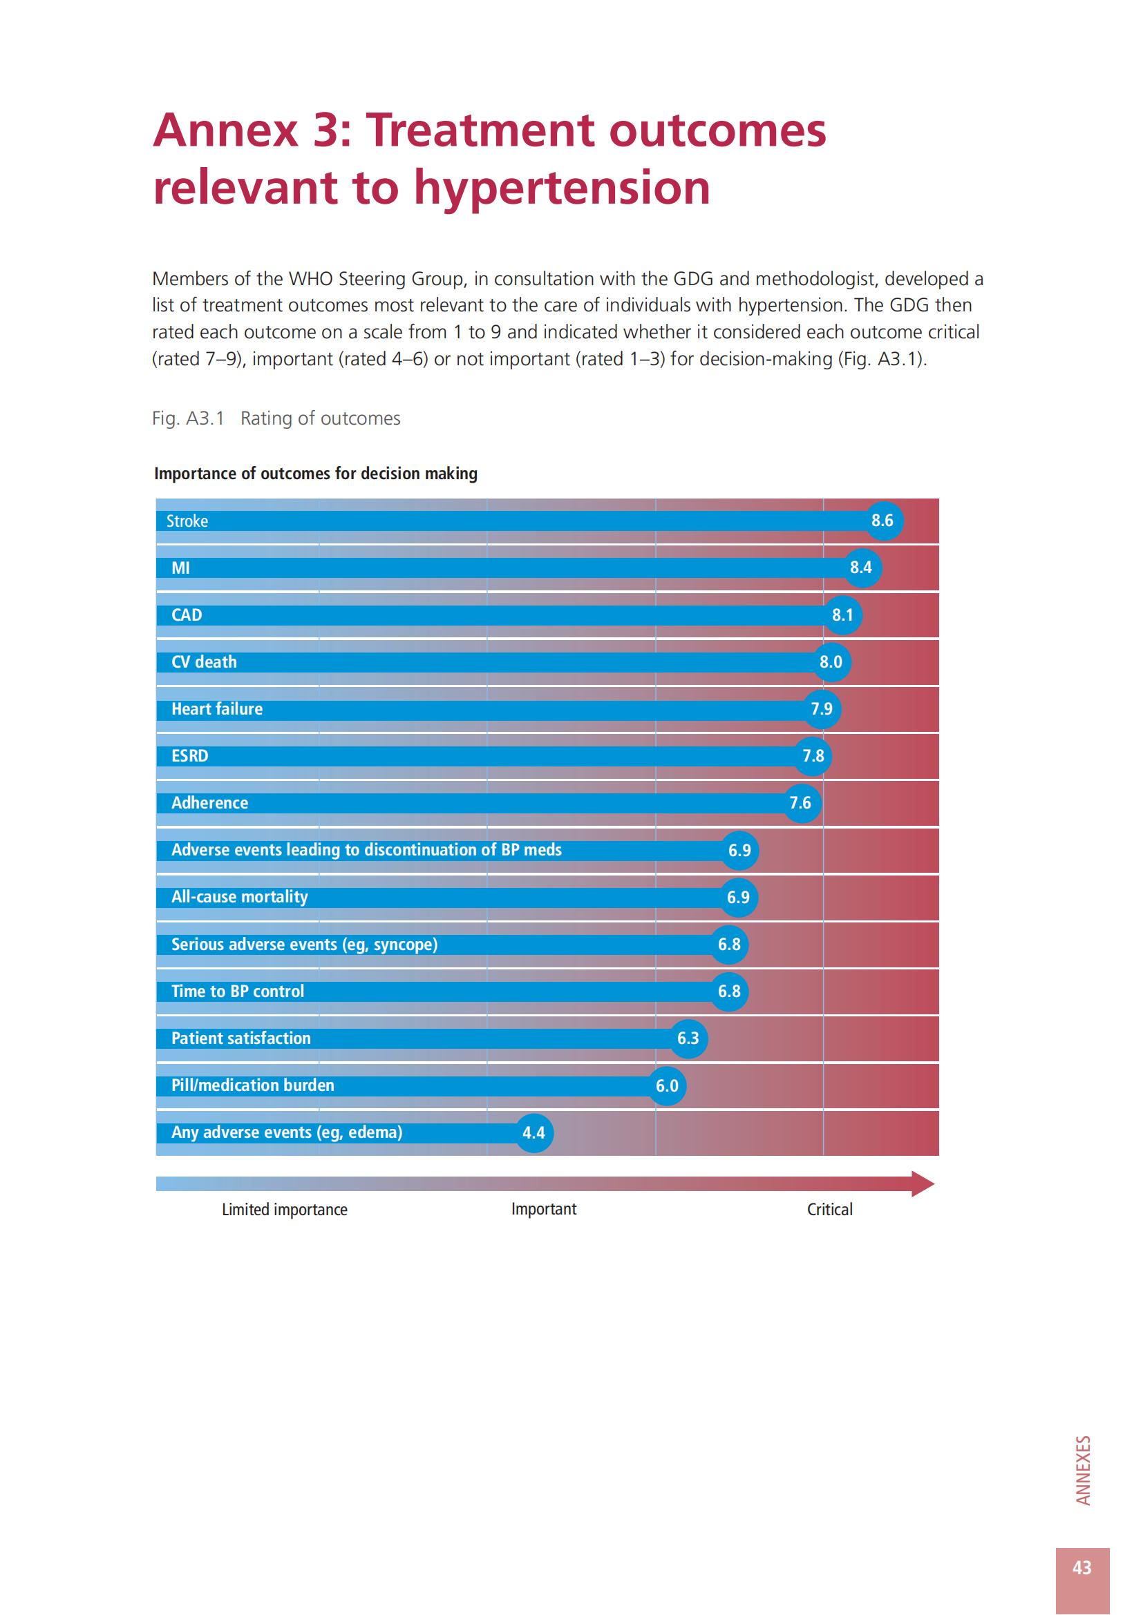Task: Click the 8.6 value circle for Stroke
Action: point(882,521)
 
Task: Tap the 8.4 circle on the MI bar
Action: point(861,568)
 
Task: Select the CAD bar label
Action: point(187,615)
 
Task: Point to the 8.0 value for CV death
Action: point(831,662)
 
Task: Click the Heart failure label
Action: point(217,709)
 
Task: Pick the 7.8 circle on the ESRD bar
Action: point(813,756)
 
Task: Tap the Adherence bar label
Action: point(210,802)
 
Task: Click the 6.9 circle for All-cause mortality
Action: point(738,897)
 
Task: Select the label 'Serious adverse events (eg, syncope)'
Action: point(304,944)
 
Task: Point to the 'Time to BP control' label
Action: point(238,991)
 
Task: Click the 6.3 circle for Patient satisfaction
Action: point(688,1038)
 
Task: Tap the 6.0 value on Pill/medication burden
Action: point(668,1085)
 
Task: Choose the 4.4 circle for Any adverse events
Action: point(533,1132)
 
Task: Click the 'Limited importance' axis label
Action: point(284,1209)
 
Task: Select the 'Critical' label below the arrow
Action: point(830,1209)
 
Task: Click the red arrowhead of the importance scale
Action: point(923,1184)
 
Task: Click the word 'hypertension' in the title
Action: point(562,188)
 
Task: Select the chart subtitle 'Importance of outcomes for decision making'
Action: point(315,474)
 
